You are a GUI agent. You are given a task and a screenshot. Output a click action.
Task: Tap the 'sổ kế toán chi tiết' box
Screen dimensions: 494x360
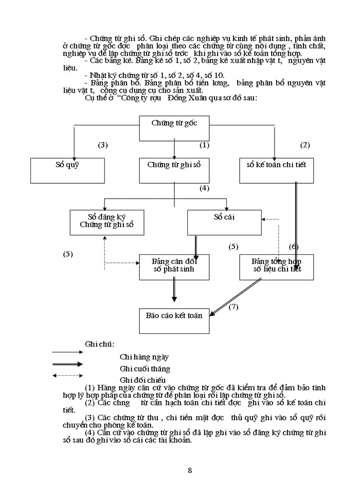[276, 170]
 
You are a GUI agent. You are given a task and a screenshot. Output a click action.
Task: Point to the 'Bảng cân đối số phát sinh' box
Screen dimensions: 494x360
[174, 267]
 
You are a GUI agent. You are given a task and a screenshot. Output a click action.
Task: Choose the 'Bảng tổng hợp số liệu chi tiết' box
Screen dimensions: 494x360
[276, 267]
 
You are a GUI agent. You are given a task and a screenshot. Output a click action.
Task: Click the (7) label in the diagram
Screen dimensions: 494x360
[233, 307]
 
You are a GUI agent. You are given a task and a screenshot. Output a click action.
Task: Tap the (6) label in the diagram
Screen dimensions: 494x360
[294, 246]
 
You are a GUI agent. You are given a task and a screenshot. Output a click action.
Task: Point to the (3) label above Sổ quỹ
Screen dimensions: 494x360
[103, 145]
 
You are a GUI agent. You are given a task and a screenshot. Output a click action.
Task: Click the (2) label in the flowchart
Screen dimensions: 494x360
[305, 145]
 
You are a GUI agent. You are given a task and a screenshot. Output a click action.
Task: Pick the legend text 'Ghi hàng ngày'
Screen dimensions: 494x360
[145, 356]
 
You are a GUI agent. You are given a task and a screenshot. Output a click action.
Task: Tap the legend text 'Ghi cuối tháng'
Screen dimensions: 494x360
[145, 368]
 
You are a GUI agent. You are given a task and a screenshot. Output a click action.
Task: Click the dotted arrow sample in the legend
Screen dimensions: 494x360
[67, 375]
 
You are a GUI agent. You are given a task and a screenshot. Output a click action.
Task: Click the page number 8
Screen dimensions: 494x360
[190, 470]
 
